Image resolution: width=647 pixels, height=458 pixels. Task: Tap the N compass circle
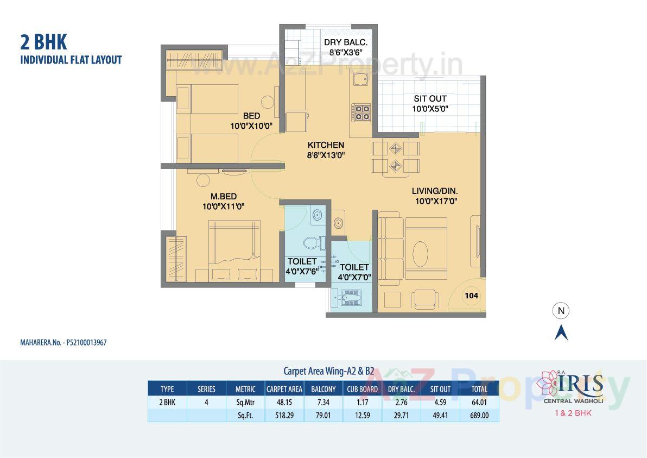[561, 311]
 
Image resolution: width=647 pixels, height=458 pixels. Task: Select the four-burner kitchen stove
[362, 112]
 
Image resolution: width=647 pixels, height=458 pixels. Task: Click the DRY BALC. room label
[346, 42]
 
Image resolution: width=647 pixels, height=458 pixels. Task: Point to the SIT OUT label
[430, 98]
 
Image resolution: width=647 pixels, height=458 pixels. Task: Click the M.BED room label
[224, 196]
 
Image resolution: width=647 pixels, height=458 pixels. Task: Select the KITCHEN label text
[326, 145]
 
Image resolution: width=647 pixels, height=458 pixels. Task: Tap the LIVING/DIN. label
[435, 191]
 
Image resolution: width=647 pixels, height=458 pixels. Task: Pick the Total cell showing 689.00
[479, 415]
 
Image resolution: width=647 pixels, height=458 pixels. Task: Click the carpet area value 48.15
[284, 403]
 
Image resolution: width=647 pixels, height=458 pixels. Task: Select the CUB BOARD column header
[362, 389]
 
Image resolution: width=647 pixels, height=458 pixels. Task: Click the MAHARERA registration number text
[59, 343]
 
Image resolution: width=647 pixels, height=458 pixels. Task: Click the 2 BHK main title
[43, 41]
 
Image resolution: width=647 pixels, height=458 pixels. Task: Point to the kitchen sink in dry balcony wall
[360, 81]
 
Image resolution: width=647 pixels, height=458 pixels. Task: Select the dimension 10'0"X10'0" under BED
[251, 126]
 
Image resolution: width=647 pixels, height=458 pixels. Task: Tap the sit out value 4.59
[440, 403]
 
